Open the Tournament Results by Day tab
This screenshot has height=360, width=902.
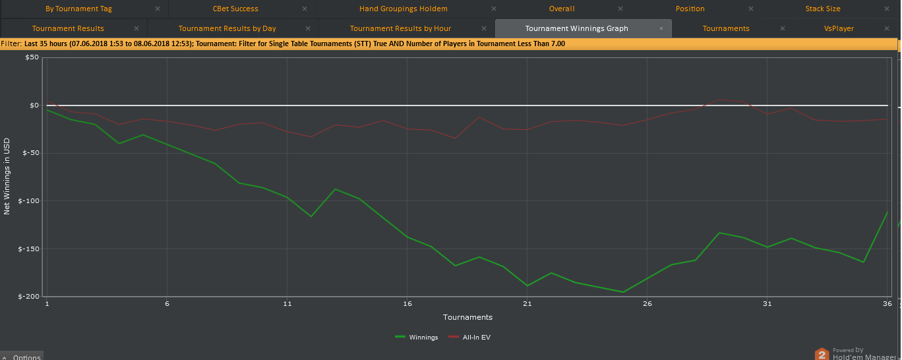[x=227, y=28]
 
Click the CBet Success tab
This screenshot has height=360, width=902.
[x=235, y=9]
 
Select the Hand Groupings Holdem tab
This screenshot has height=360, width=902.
[x=403, y=9]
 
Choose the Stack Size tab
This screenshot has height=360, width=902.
[x=823, y=9]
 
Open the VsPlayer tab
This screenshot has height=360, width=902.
[x=839, y=28]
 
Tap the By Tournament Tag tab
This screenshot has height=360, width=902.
[x=78, y=9]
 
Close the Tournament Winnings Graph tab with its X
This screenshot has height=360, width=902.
[x=661, y=28]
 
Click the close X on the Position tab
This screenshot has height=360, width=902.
[x=751, y=9]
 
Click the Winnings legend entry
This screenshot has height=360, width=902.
[x=416, y=338]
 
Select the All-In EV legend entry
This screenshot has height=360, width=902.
[x=469, y=338]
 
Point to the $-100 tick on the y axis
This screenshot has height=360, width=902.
[x=28, y=201]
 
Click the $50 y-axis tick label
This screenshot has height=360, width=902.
[x=32, y=57]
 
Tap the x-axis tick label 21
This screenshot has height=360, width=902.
[x=527, y=304]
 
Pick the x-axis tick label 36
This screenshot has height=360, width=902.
[x=887, y=304]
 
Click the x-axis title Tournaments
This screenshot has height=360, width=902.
[x=467, y=317]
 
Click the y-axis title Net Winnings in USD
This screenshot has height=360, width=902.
[x=7, y=177]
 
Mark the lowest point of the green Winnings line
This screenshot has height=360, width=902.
[x=623, y=292]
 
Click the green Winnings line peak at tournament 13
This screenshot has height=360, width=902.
[x=335, y=189]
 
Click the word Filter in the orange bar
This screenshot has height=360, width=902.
[x=11, y=44]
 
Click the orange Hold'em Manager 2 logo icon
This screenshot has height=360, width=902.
[x=822, y=354]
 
